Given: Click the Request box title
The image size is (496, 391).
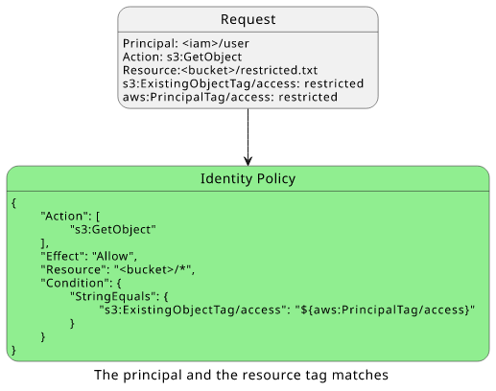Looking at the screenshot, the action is pos(248,19).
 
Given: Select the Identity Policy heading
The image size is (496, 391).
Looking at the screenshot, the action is pos(248,178).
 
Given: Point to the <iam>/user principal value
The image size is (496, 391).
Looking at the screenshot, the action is pos(216,43).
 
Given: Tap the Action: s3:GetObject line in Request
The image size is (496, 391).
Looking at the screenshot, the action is pos(182,57).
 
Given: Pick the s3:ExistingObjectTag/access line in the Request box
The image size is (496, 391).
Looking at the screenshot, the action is pos(243,83).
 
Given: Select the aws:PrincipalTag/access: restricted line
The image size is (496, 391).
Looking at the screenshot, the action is pos(230,97).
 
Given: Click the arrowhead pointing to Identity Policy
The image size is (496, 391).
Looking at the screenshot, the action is pos(248,161).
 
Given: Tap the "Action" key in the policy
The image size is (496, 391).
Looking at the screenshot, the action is pos(61,217).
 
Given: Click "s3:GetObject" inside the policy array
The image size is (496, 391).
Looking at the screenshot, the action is pos(113,230).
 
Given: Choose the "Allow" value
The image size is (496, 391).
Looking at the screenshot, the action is pos(112,256).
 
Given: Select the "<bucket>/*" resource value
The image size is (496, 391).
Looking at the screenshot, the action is pos(153,269).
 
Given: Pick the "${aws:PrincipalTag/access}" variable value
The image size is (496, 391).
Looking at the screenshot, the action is pos(385,310).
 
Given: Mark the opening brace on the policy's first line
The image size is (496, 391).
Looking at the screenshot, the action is pos(13,203).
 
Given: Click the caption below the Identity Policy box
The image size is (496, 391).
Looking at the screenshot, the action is pos(241,375).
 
